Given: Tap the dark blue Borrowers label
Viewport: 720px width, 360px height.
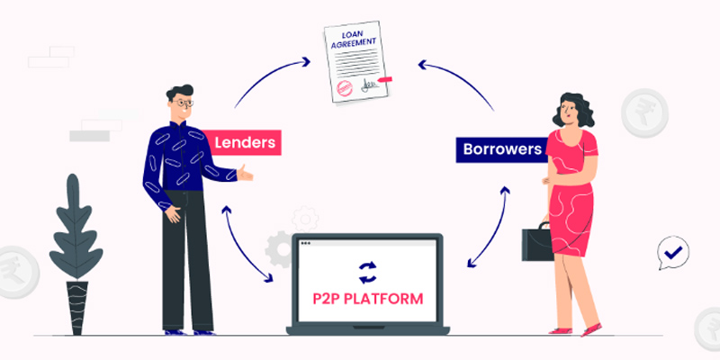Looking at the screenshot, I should (503, 149).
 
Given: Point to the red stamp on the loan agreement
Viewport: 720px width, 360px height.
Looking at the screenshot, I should (343, 88).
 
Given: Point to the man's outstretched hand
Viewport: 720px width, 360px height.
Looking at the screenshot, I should (244, 175).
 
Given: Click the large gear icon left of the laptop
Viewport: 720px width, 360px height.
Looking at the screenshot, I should (279, 247).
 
